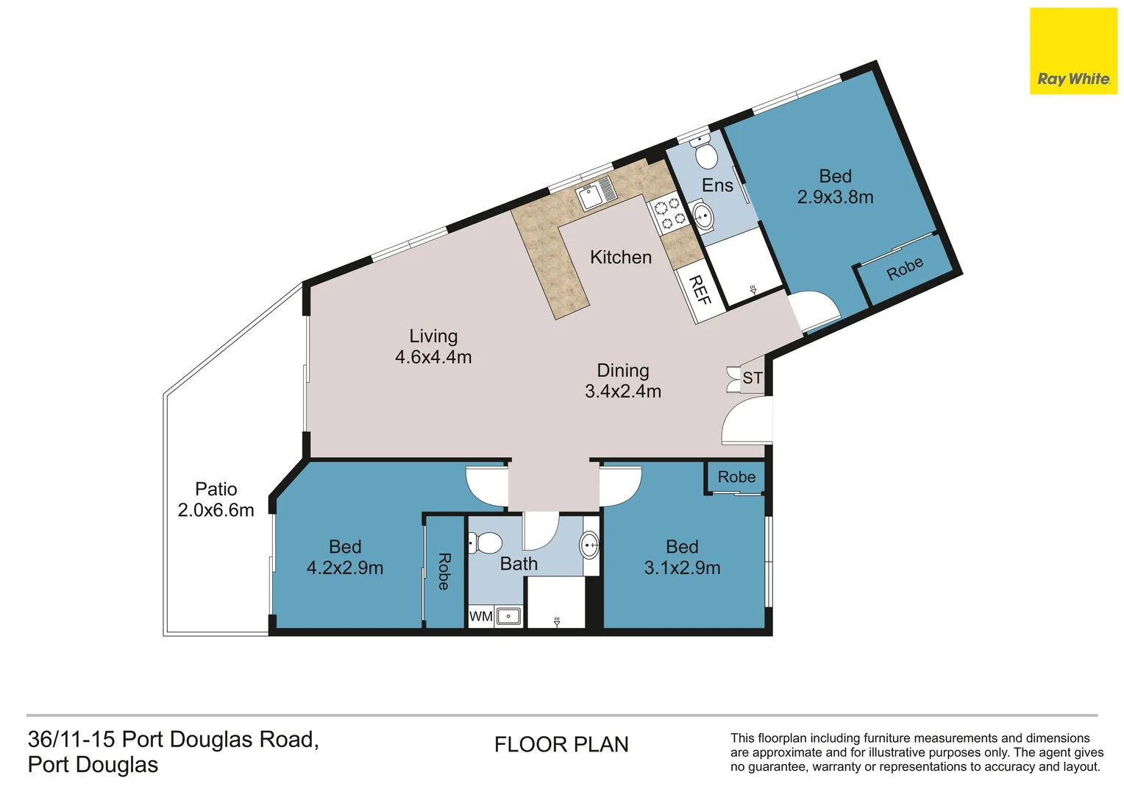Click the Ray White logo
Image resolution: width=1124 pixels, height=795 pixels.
click(x=1073, y=51)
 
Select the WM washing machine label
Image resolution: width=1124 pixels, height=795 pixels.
click(x=480, y=616)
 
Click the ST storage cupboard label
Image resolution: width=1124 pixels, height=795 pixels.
click(x=753, y=378)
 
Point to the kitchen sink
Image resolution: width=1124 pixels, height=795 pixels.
click(x=596, y=192)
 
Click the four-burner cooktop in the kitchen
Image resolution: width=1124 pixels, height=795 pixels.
click(x=668, y=213)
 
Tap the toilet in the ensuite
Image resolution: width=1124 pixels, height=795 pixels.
click(x=705, y=149)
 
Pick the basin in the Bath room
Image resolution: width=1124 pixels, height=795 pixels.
click(x=590, y=545)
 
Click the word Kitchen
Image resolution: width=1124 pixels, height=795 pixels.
click(x=621, y=257)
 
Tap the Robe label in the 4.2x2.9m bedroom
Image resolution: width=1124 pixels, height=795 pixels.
click(x=444, y=571)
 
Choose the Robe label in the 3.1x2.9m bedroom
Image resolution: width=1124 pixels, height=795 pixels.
click(x=736, y=476)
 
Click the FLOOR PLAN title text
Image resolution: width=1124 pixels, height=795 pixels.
click(x=561, y=744)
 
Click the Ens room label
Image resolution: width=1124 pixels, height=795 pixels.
click(x=717, y=185)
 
